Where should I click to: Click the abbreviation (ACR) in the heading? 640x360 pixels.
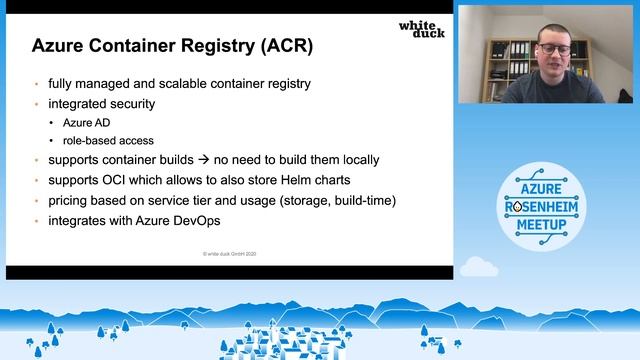pos(286,46)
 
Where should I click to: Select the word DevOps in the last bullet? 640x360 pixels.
pos(193,220)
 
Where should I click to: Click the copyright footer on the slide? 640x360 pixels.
pos(229,256)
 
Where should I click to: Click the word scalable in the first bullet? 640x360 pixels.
pos(166,84)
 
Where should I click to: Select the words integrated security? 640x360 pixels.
pos(100,103)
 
